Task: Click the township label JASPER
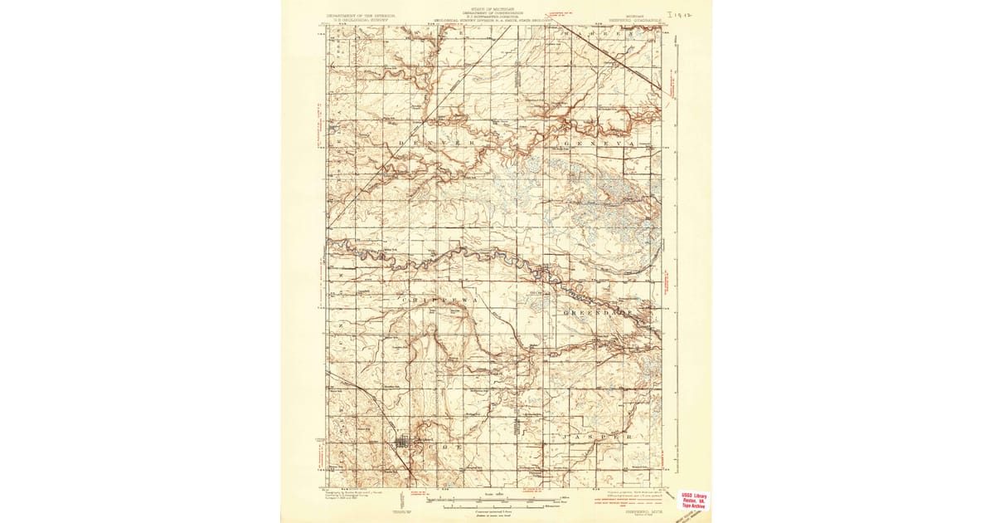[599, 435]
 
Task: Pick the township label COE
[440, 446]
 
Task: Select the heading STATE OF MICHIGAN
[496, 7]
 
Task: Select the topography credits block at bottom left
[357, 496]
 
